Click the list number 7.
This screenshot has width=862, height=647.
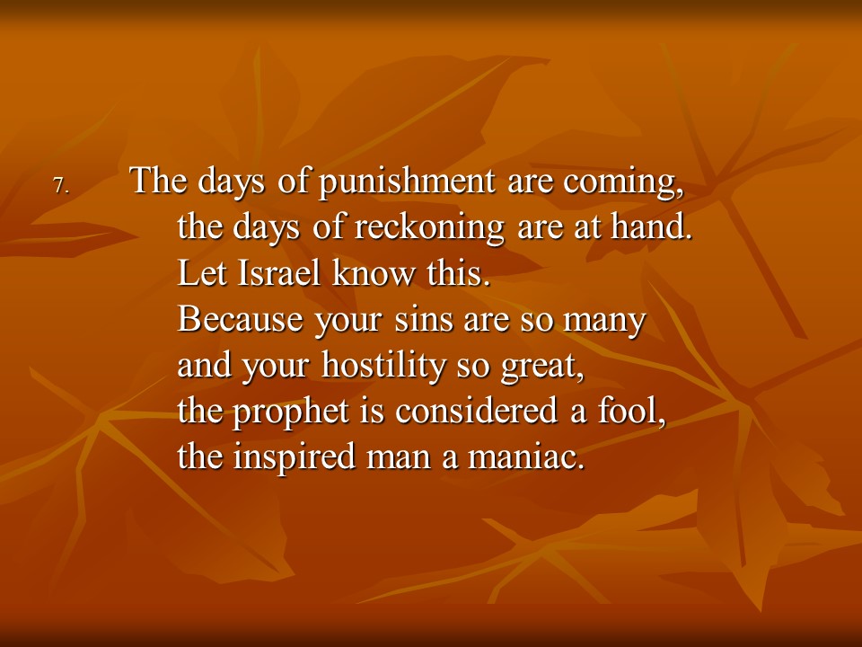[60, 185]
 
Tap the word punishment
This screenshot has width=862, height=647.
[406, 181]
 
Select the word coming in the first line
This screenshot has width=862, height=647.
[623, 182]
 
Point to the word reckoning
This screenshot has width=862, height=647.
[429, 228]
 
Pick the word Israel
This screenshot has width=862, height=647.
[279, 272]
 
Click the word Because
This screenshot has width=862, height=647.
[241, 318]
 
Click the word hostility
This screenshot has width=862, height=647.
[383, 366]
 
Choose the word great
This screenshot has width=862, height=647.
[542, 367]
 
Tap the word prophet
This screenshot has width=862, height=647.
[291, 412]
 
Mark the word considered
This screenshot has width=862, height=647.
[477, 411]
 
